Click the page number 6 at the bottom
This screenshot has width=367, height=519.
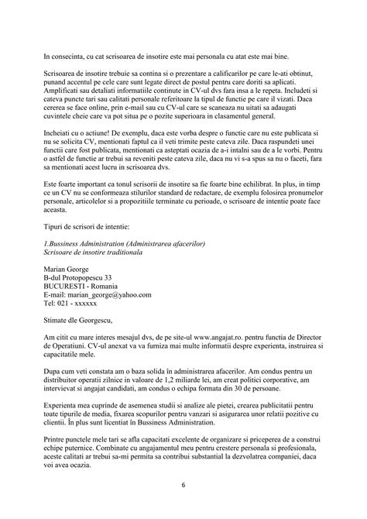click(183, 486)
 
